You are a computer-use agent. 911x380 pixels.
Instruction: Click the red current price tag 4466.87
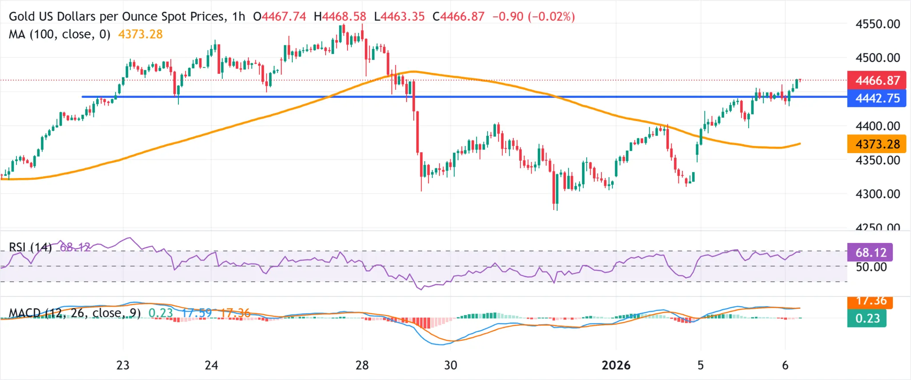[x=877, y=81]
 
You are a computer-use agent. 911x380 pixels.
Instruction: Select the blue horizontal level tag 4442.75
[x=877, y=98]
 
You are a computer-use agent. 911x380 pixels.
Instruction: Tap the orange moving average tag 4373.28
[x=877, y=144]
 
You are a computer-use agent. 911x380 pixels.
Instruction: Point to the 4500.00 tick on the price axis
[x=878, y=58]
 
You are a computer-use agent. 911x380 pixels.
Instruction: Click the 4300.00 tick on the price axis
[x=878, y=194]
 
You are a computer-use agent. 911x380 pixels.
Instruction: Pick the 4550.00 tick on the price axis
[x=878, y=24]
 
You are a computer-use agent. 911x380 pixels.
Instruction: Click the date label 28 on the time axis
[x=362, y=365]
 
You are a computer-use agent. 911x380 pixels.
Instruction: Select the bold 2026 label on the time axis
[x=616, y=365]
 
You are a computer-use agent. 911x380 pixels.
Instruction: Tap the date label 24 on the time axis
[x=211, y=365]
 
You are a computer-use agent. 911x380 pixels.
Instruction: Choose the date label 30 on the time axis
[x=450, y=365]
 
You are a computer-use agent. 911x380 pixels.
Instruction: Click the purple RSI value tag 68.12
[x=870, y=253]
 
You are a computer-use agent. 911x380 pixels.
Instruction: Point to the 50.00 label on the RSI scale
[x=871, y=267]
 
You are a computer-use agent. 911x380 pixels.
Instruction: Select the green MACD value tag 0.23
[x=867, y=319]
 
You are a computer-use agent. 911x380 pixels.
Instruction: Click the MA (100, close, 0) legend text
[x=60, y=34]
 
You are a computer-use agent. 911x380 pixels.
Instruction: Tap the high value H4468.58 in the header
[x=340, y=16]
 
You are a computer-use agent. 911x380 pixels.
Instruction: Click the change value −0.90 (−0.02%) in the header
[x=533, y=16]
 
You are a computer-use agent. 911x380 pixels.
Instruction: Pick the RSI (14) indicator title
[x=30, y=247]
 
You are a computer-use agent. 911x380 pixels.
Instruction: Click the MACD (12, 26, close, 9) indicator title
[x=75, y=313]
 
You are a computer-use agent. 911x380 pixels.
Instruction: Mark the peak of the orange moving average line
[x=413, y=71]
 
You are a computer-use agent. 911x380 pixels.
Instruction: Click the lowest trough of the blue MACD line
[x=440, y=344]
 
